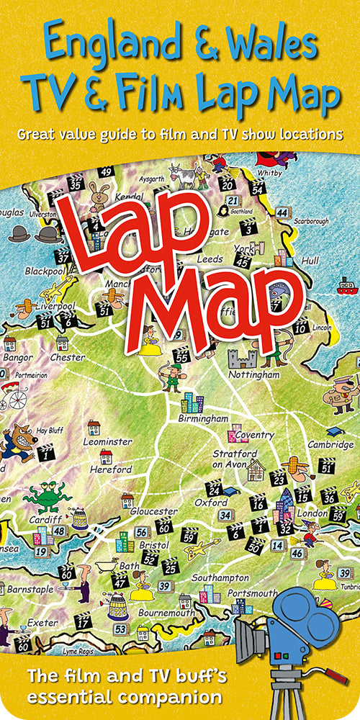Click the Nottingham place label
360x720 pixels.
[253, 375]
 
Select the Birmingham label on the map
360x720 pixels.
[204, 418]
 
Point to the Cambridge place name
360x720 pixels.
[331, 444]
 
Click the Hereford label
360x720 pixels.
[111, 469]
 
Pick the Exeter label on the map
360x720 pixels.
[42, 622]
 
